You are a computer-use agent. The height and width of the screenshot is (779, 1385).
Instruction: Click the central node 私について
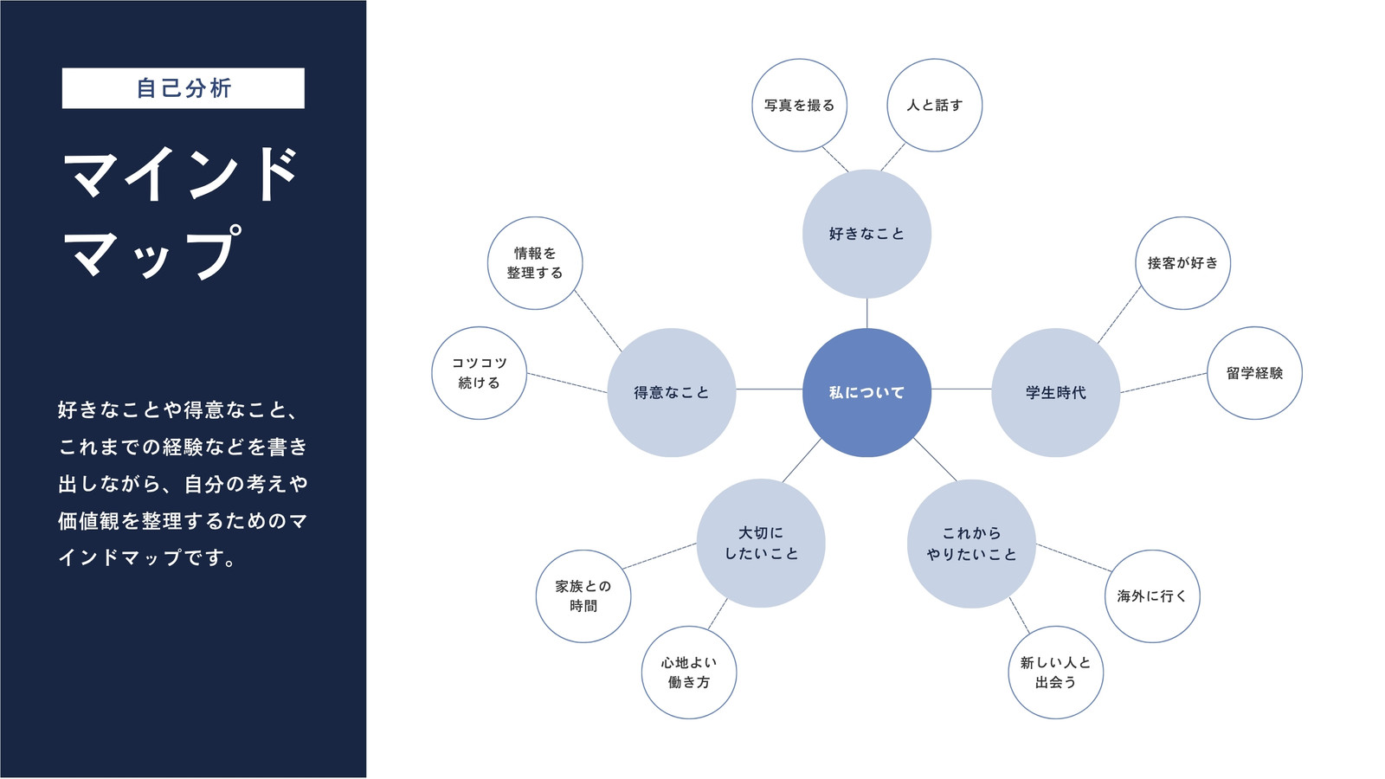[x=866, y=393]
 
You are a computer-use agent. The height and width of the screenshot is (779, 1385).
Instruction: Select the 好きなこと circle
[x=866, y=234]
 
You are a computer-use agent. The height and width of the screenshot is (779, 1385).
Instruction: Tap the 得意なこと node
[x=672, y=393]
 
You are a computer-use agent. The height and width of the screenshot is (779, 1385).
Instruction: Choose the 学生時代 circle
[x=1055, y=393]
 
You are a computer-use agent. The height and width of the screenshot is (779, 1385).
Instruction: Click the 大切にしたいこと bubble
[x=761, y=543]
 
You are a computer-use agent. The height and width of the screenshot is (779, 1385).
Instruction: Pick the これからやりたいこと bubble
[x=971, y=544]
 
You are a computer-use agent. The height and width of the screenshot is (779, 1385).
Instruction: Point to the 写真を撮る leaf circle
[x=800, y=105]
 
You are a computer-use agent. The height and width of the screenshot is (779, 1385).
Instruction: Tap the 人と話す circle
[x=934, y=105]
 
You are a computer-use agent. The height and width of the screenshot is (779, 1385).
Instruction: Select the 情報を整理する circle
[x=535, y=263]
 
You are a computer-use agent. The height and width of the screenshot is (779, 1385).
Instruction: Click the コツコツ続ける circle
[x=480, y=373]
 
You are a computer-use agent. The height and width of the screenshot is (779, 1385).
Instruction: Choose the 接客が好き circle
[x=1182, y=263]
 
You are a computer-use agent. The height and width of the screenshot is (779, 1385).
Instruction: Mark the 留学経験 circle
[x=1254, y=373]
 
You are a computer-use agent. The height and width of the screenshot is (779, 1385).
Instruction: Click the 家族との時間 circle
[x=583, y=596]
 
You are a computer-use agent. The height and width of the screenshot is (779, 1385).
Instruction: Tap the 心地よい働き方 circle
[x=689, y=672]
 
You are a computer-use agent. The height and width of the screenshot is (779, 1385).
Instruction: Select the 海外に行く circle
[x=1152, y=596]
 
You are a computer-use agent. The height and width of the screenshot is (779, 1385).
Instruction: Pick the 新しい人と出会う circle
[x=1055, y=672]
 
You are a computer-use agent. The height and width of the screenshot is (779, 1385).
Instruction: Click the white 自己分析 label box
[x=183, y=88]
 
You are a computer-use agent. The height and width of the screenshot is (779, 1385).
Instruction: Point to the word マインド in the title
[x=181, y=174]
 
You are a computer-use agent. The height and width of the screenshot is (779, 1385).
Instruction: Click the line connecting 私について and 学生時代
[x=962, y=389]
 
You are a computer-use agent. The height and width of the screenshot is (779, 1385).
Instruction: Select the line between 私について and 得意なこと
[x=770, y=389]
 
